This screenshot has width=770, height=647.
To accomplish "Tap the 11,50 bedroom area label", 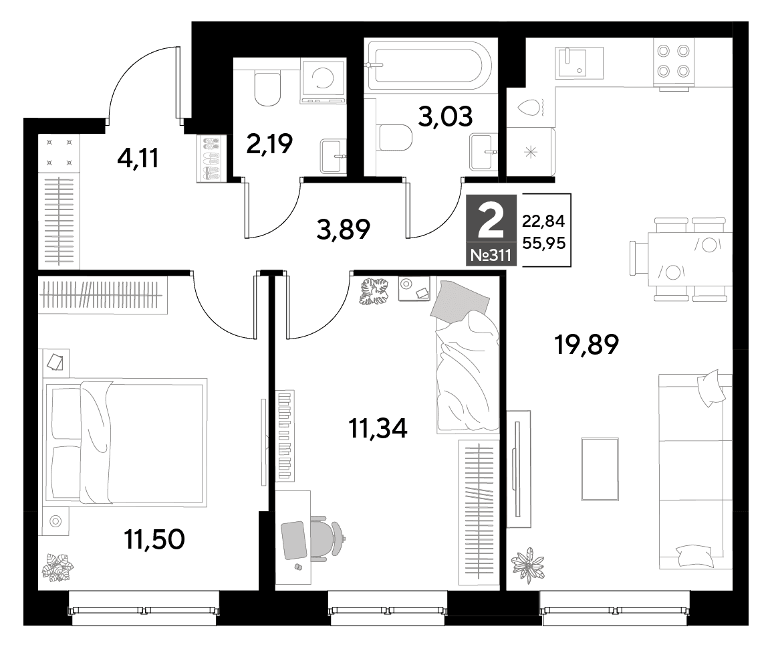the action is [x=154, y=539].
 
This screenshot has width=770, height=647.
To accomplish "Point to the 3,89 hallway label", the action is [x=343, y=229].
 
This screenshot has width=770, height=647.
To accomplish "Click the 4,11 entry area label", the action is [x=138, y=159].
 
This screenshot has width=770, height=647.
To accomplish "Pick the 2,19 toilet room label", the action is [x=269, y=144].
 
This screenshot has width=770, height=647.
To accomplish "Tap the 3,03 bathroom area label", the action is [x=445, y=116].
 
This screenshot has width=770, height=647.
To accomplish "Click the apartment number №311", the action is [x=491, y=255].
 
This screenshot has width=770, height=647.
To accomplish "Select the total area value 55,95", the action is [x=543, y=243].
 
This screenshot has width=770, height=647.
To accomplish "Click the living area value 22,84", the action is [x=543, y=221].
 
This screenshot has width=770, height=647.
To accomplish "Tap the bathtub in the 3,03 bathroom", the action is [x=430, y=66].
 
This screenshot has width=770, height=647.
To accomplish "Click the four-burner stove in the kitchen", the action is [x=673, y=62].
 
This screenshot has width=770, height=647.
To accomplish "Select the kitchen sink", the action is [x=579, y=62].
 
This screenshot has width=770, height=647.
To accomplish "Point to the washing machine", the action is [x=323, y=81].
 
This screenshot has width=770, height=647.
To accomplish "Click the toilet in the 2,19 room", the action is [x=267, y=88].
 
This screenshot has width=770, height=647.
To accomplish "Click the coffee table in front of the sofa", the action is [x=600, y=469].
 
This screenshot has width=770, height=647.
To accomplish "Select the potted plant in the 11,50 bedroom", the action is [x=57, y=568].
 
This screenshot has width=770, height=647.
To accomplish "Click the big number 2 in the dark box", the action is [x=491, y=221].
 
